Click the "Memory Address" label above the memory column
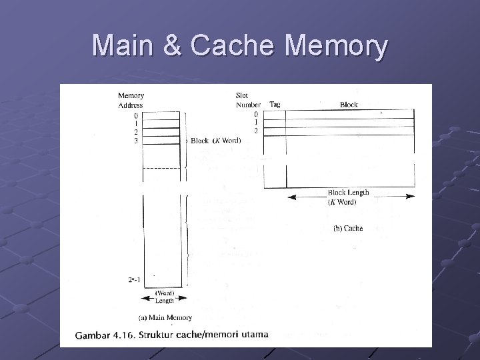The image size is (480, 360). click(131, 101)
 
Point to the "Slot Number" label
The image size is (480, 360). click(248, 100)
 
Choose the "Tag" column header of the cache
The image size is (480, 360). click(275, 105)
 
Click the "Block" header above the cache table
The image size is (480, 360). click(349, 105)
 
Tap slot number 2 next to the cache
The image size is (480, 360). click(255, 130)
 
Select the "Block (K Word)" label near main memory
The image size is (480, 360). click(215, 141)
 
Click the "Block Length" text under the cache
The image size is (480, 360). click(348, 193)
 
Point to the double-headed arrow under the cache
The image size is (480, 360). click(351, 197)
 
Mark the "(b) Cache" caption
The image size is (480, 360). click(348, 228)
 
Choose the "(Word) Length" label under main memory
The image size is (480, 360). click(165, 297)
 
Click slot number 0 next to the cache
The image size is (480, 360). click(255, 114)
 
